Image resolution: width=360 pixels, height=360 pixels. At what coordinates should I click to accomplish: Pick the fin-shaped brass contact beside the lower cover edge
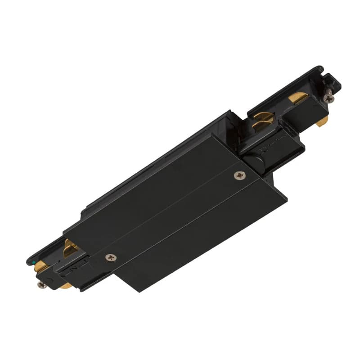pos(70,247)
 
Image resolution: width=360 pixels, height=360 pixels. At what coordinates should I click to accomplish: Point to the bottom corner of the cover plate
pos(125,290)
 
